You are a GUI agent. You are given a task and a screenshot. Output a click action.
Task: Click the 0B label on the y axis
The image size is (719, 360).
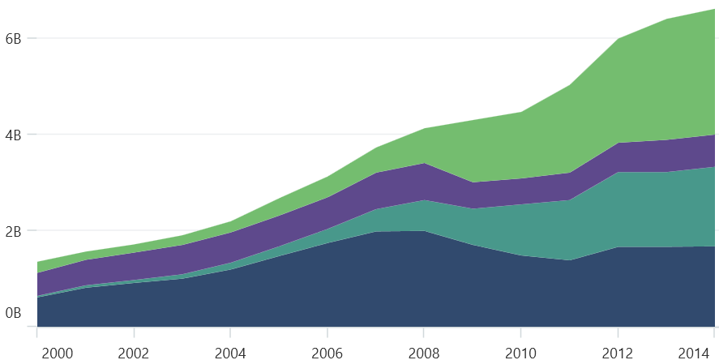click(x=13, y=313)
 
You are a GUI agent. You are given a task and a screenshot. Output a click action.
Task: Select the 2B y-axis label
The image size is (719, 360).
click(x=13, y=230)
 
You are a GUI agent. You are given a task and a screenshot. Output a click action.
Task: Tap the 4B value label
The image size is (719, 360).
click(x=13, y=134)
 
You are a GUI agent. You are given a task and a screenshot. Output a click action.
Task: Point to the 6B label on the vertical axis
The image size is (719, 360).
click(x=13, y=38)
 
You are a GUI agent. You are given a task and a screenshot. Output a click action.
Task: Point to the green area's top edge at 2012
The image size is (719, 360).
click(x=618, y=39)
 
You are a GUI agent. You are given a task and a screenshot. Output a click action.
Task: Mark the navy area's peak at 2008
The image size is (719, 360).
click(x=423, y=231)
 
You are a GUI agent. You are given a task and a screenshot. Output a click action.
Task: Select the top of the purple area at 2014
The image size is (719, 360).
click(x=713, y=135)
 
